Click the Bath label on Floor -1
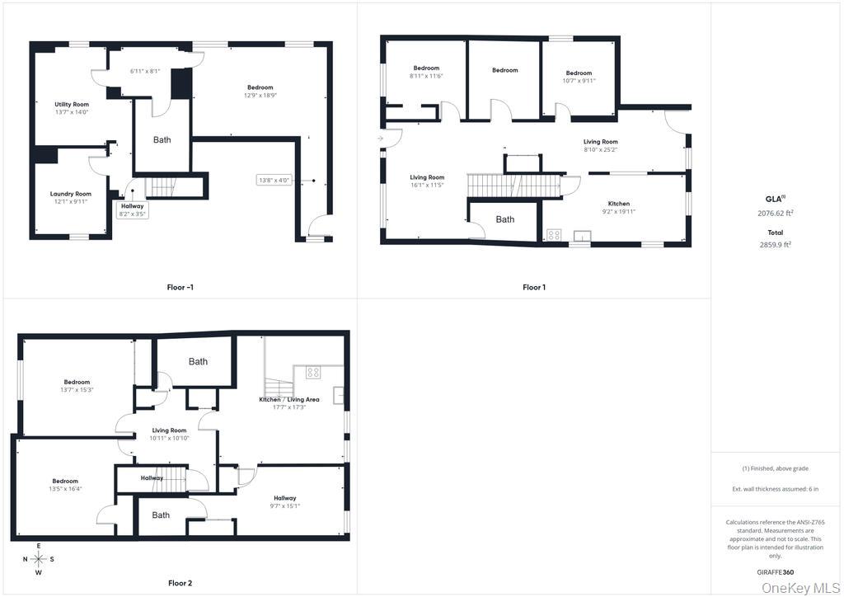click(x=162, y=140)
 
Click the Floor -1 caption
click(x=180, y=287)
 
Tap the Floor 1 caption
click(x=534, y=287)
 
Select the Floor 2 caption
click(x=180, y=583)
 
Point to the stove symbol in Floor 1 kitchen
click(x=554, y=235)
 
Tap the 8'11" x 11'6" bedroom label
click(x=426, y=72)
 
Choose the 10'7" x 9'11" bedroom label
click(x=579, y=77)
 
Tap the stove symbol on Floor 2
click(x=313, y=373)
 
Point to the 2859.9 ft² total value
click(x=775, y=244)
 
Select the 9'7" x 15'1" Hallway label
click(x=285, y=501)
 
